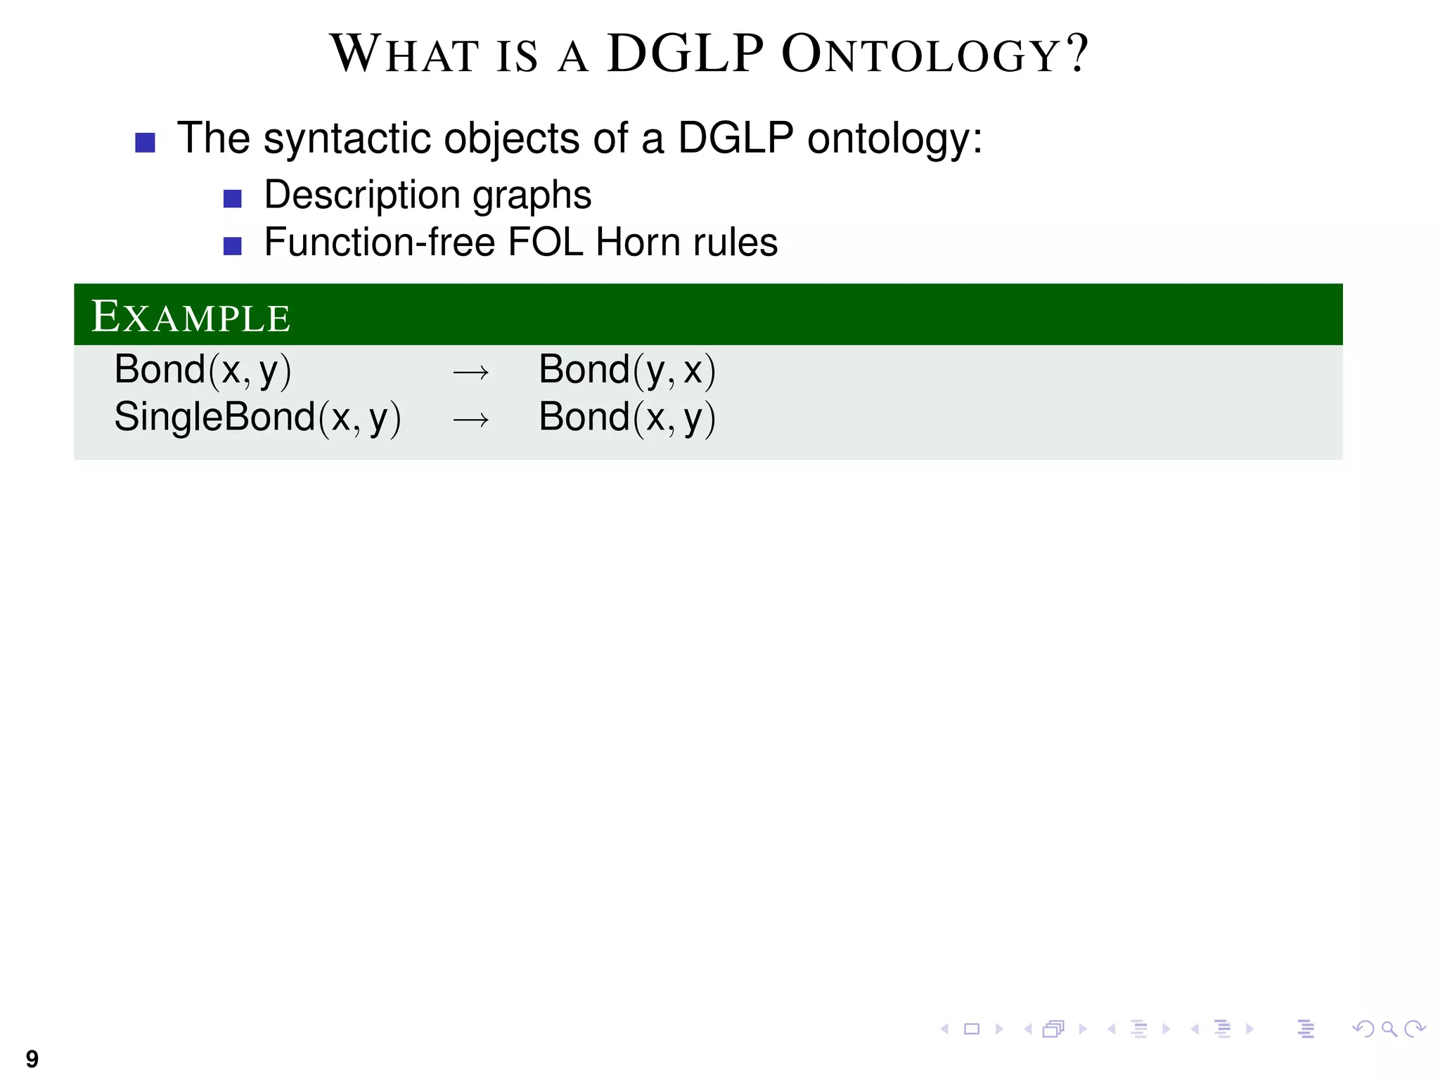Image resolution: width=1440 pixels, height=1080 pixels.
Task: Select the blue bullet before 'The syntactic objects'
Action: (x=145, y=143)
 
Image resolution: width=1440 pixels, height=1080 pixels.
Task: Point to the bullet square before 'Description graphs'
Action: (x=232, y=199)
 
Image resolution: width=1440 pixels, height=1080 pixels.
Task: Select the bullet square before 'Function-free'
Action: (x=232, y=246)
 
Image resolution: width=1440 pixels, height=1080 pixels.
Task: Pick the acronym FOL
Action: (x=545, y=243)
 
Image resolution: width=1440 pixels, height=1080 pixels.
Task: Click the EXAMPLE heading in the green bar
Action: (x=191, y=317)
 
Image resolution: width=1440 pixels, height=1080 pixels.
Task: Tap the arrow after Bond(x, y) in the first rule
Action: (x=470, y=372)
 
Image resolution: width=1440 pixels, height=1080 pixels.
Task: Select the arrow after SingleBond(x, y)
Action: (x=470, y=420)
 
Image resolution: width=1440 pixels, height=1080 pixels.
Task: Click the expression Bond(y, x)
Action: (x=626, y=371)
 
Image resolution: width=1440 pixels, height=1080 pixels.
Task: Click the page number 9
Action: (x=32, y=1057)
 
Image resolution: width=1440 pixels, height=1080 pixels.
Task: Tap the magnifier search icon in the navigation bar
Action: (x=1389, y=1029)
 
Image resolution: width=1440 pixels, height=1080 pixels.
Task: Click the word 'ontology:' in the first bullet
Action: (x=894, y=139)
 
